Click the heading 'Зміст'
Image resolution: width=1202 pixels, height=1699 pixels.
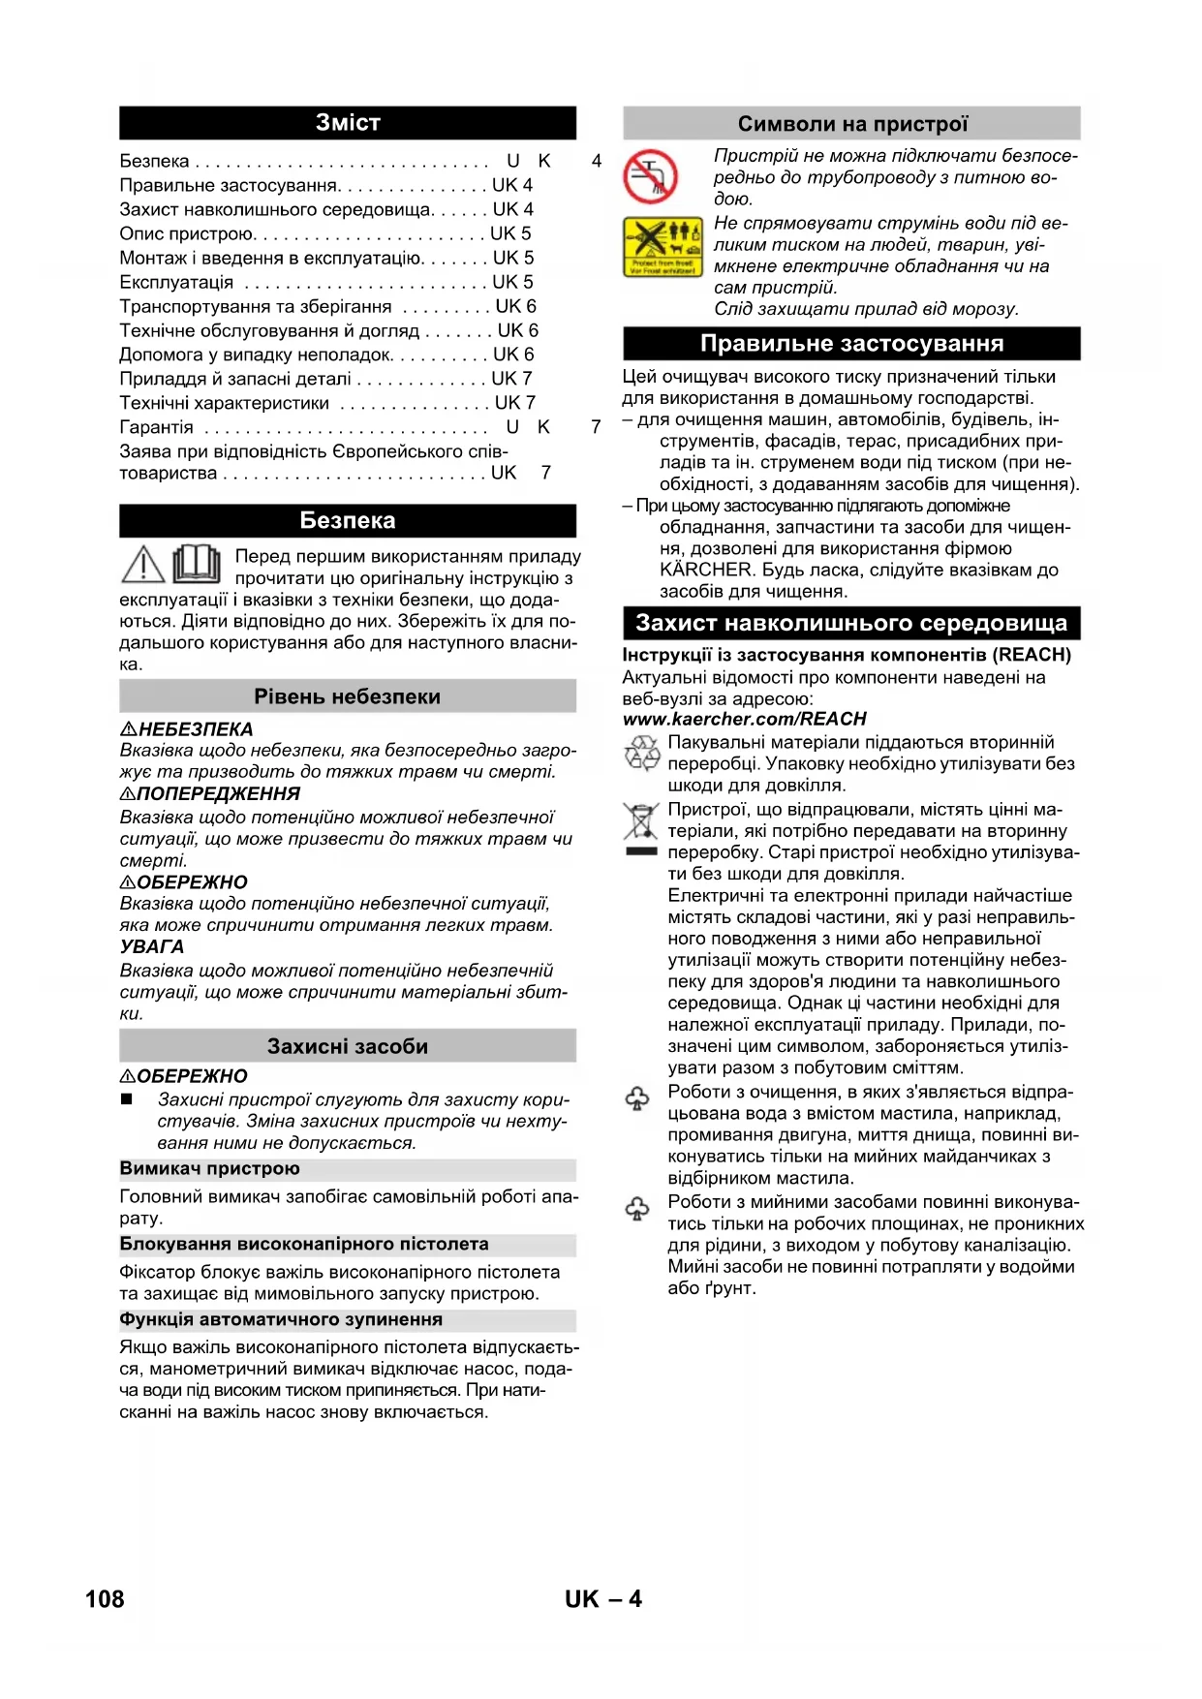(x=347, y=123)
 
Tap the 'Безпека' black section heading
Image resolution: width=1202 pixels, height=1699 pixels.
(x=347, y=520)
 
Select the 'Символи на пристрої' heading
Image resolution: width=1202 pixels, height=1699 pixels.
(x=851, y=124)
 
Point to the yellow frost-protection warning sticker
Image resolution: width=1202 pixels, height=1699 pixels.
(x=663, y=247)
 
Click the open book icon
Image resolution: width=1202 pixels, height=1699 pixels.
(x=197, y=563)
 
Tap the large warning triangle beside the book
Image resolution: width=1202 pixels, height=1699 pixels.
(x=143, y=565)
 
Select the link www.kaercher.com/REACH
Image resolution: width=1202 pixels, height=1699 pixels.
(x=744, y=719)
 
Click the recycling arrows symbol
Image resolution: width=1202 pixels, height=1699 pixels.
(x=641, y=754)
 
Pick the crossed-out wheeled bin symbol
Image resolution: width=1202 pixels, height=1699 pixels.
(x=640, y=821)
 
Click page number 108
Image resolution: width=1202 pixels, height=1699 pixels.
(x=105, y=1599)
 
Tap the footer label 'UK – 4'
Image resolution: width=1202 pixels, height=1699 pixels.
(x=602, y=1599)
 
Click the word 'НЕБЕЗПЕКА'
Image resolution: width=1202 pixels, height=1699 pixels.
(x=196, y=729)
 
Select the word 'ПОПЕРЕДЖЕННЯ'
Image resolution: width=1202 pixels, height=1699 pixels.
(x=219, y=794)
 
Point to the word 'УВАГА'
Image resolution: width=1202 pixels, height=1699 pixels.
(x=152, y=947)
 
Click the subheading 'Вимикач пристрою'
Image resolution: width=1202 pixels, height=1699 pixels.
(x=210, y=1168)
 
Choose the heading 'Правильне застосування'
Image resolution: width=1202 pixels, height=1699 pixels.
(x=851, y=344)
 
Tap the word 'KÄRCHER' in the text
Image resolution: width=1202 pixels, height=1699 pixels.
(x=705, y=570)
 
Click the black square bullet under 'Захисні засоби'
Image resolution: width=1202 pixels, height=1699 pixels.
(x=127, y=1099)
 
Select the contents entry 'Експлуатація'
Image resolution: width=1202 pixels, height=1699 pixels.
(x=176, y=282)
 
